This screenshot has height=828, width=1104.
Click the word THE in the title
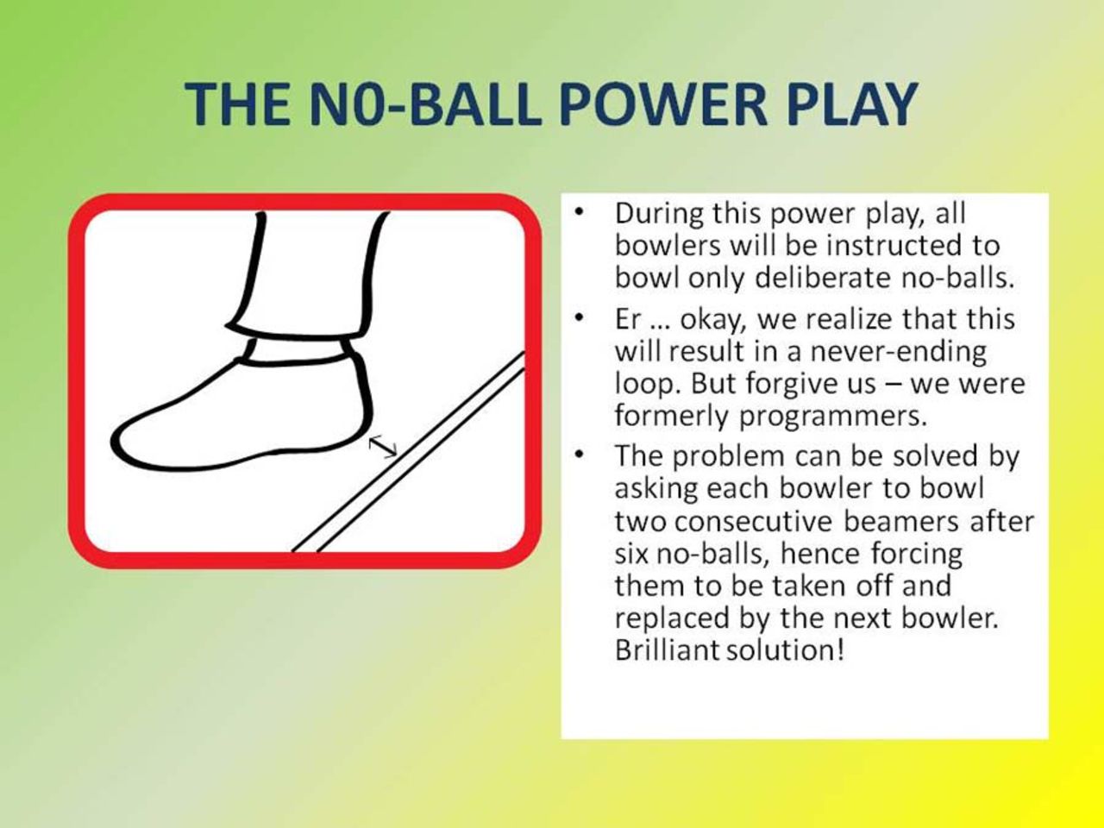(x=236, y=103)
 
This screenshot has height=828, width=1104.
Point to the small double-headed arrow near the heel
(x=383, y=446)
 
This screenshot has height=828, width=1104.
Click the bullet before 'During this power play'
(x=584, y=211)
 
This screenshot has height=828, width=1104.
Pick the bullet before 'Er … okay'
(x=584, y=318)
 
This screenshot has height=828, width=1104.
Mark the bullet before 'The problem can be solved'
(x=584, y=454)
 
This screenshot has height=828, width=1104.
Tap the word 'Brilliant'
(x=667, y=649)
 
